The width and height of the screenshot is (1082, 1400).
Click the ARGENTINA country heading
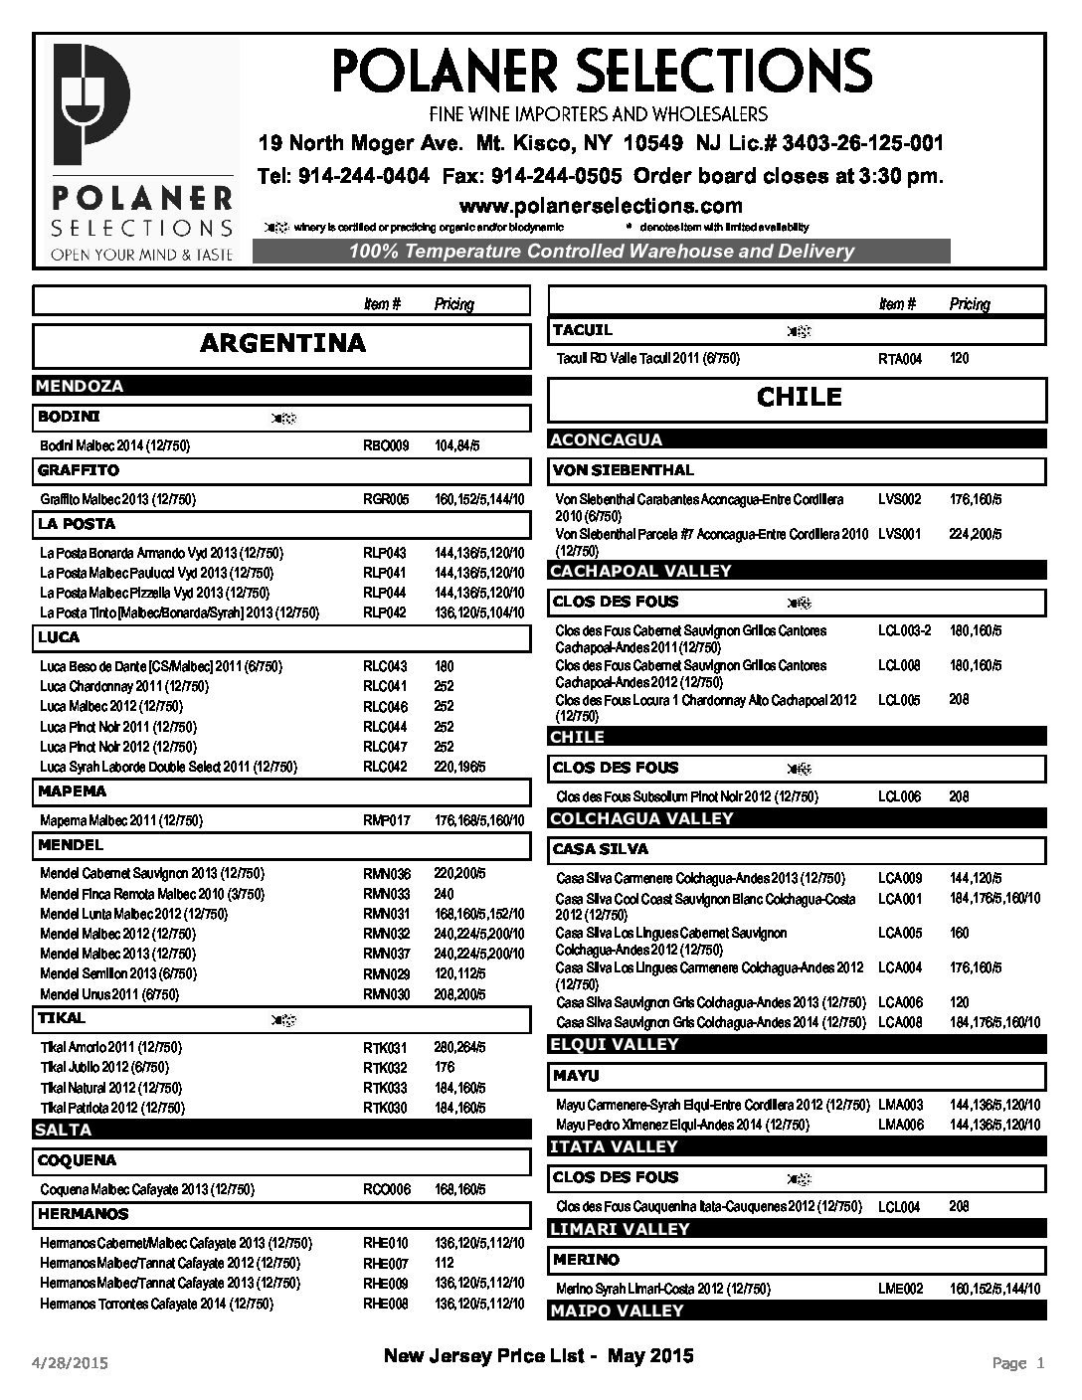282,344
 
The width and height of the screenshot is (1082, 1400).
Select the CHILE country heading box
798,398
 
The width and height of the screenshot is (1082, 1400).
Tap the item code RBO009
386,446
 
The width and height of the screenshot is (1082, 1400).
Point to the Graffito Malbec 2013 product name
117,500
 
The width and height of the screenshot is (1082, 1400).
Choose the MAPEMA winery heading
73,791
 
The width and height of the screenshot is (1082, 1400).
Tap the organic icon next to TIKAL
282,1020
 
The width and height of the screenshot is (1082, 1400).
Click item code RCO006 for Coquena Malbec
386,1190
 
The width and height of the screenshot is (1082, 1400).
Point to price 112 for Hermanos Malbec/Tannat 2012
444,1264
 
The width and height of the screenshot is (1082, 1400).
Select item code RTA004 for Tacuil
901,359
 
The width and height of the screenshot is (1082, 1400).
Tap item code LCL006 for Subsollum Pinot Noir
899,797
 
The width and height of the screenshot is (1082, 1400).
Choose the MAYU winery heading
577,1076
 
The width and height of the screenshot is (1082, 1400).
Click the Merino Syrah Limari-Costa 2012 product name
662,1289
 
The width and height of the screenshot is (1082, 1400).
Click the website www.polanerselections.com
601,206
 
